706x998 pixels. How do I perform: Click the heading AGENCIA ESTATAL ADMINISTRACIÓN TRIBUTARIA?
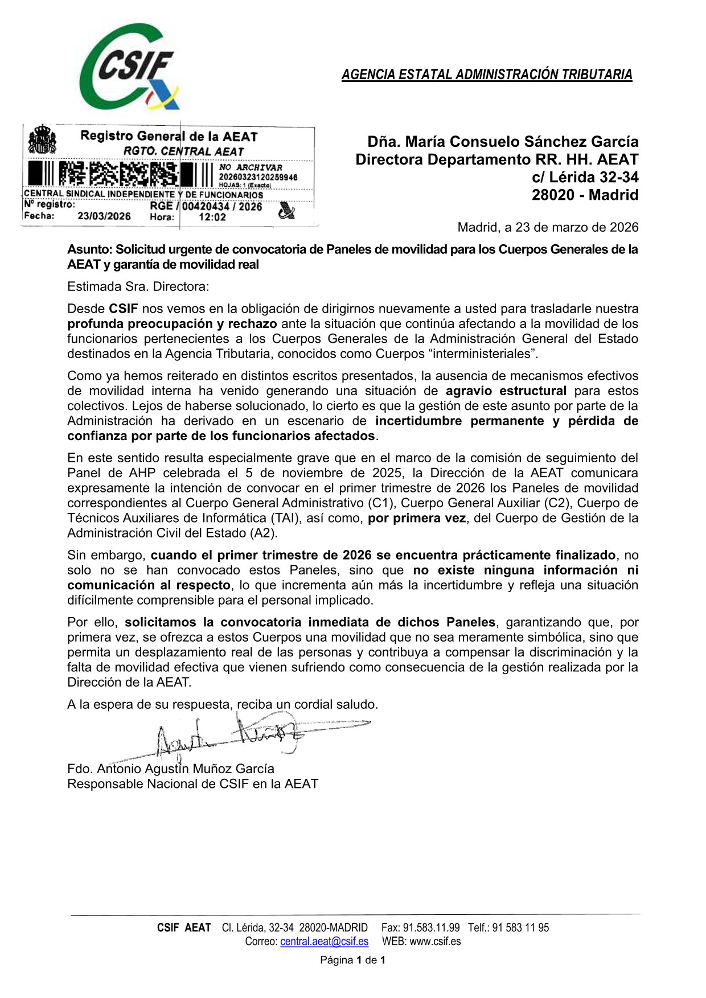tap(487, 75)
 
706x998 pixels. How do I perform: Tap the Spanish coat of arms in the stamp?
tap(42, 139)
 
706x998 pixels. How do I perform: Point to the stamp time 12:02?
tap(212, 217)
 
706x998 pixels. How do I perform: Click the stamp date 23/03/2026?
tap(104, 216)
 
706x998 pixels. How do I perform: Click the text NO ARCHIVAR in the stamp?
tap(251, 167)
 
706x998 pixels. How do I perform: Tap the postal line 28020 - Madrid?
tap(585, 195)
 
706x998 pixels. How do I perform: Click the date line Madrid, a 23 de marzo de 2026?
tap(548, 227)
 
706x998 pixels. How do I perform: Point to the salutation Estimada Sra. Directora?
tap(138, 286)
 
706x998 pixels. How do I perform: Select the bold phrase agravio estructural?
tap(506, 391)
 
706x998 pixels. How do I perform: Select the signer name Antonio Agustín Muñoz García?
tap(186, 769)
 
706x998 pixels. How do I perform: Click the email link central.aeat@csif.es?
tap(324, 941)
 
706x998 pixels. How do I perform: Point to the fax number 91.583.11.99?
tap(431, 927)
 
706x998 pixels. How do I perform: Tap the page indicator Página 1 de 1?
tap(353, 960)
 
